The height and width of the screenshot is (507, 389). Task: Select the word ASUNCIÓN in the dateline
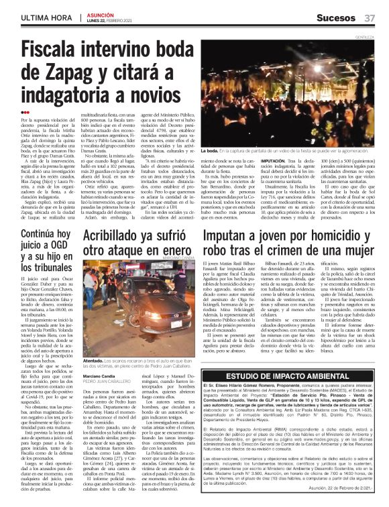click(100, 13)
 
